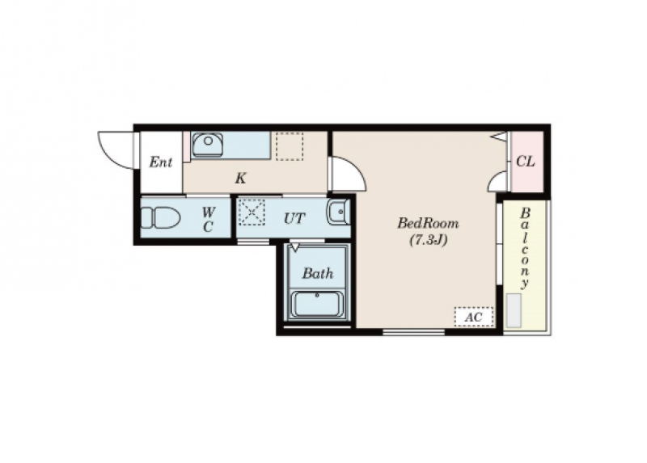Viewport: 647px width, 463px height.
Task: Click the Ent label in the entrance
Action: pyautogui.click(x=160, y=162)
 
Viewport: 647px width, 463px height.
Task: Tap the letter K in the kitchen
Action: pyautogui.click(x=240, y=179)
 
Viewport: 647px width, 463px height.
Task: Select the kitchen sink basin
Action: pyautogui.click(x=208, y=145)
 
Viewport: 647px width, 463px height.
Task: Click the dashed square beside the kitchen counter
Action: pyautogui.click(x=290, y=146)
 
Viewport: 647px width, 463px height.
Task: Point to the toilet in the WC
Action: pyautogui.click(x=160, y=217)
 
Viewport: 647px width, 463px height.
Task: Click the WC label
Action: pyautogui.click(x=209, y=219)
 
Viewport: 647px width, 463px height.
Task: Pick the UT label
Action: pyautogui.click(x=294, y=218)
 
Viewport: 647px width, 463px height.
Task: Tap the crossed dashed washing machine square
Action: pyautogui.click(x=252, y=213)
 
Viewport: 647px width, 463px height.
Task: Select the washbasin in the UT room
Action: pyautogui.click(x=338, y=212)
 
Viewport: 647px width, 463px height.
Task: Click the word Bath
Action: pyautogui.click(x=318, y=273)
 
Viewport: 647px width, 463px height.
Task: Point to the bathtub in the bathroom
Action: pyautogui.click(x=317, y=304)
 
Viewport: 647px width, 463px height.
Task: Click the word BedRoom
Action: pyautogui.click(x=428, y=224)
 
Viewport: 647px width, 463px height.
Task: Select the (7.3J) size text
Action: pyautogui.click(x=429, y=240)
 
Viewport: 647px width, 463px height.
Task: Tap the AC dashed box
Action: pyautogui.click(x=474, y=317)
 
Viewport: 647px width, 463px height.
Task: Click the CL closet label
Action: pyautogui.click(x=525, y=162)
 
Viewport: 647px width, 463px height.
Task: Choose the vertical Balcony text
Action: pyautogui.click(x=525, y=248)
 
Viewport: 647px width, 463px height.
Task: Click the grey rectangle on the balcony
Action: pyautogui.click(x=514, y=310)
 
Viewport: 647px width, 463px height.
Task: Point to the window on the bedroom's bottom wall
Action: pyautogui.click(x=413, y=332)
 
